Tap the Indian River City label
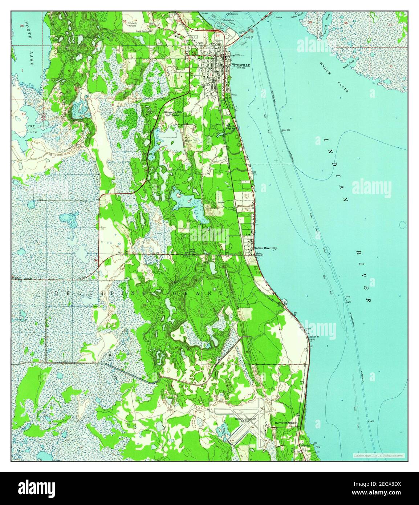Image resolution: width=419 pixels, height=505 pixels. point(266,248)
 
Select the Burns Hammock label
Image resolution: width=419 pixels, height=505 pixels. point(286,423)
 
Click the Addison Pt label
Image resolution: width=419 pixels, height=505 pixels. point(313,337)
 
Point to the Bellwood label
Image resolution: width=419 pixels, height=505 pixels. point(305,445)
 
